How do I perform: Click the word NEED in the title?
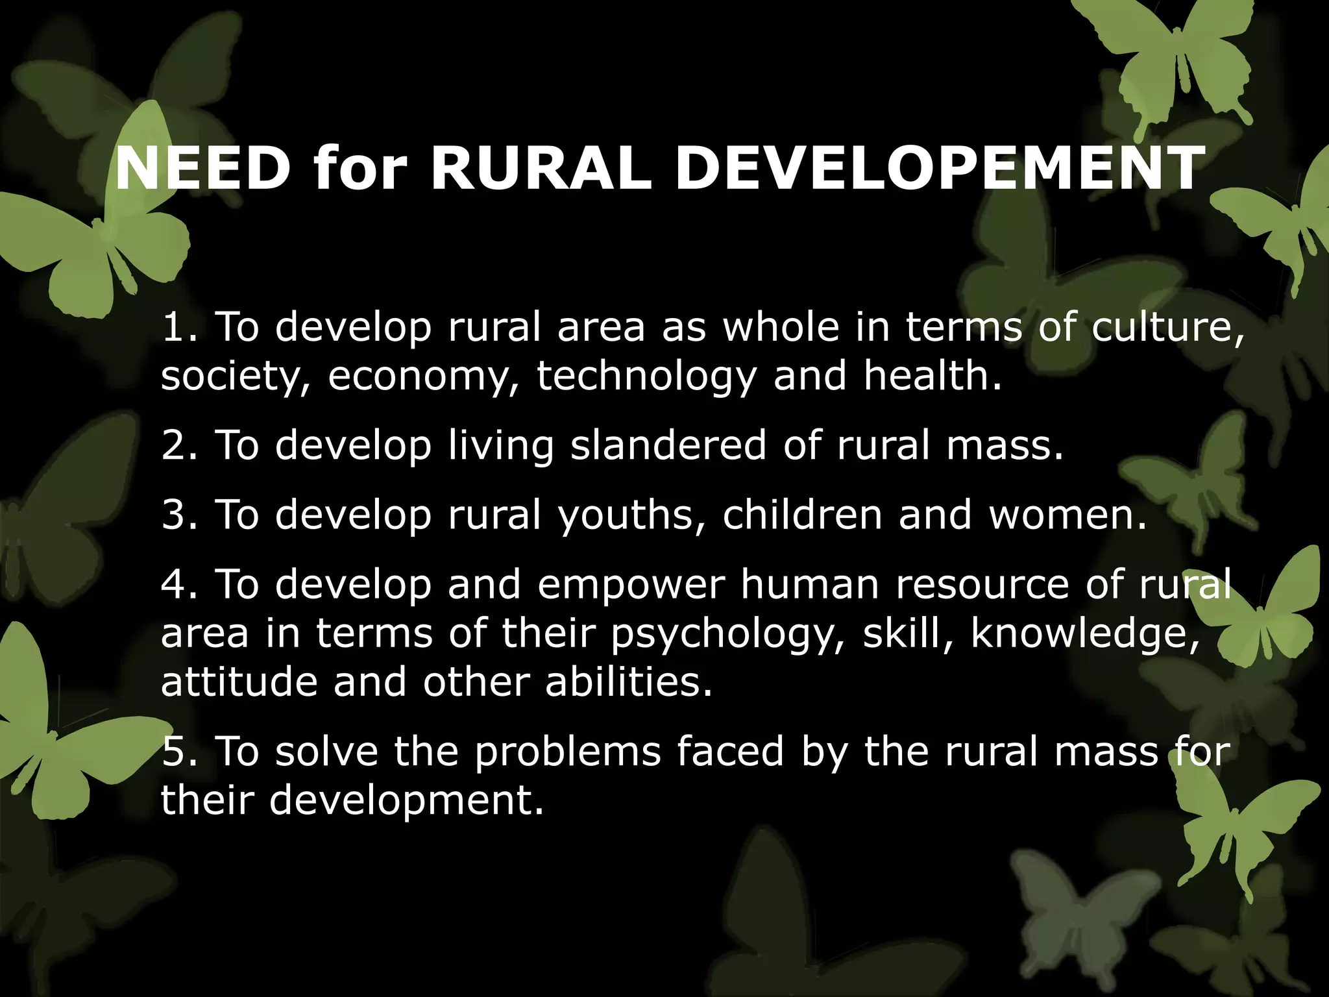202,169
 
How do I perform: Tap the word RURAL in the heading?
541,169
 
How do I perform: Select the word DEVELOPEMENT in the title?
940,169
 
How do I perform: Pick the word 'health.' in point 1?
933,376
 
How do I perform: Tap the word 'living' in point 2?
501,447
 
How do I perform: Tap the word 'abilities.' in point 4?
629,682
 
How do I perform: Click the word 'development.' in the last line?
406,800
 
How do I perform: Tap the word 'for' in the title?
360,169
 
